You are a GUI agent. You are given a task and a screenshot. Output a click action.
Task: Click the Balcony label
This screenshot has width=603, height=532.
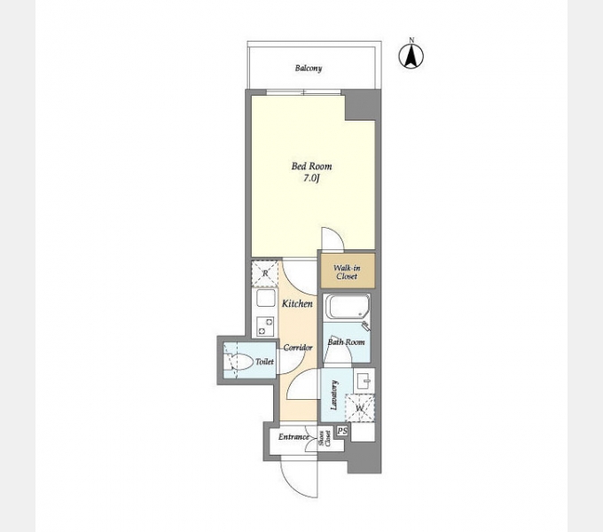coord(309,68)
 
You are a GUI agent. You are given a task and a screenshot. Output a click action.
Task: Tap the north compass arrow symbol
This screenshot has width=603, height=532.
coord(411,56)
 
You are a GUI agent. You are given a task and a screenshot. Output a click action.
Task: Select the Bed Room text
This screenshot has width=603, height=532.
coord(311,167)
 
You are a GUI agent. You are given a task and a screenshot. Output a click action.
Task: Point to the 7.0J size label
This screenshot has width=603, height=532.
coord(312,179)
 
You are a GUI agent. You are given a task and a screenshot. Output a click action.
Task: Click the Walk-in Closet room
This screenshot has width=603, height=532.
coord(348,270)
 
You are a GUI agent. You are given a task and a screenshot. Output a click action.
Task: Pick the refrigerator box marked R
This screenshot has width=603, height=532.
coord(264,273)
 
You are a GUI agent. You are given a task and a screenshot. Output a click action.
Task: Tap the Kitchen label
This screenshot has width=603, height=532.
coord(297,303)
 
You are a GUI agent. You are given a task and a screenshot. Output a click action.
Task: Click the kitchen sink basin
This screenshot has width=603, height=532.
coord(266,298)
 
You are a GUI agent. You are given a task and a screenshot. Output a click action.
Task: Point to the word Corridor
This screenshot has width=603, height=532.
coord(298,348)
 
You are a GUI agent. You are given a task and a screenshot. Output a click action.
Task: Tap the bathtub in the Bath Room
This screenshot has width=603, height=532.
coord(348,307)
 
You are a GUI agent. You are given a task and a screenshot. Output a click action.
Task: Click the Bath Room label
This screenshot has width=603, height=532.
coord(346,341)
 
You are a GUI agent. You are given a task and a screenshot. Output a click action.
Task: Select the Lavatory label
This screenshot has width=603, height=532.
coord(334,395)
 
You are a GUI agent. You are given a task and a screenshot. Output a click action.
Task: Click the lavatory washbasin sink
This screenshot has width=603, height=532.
coord(364,381)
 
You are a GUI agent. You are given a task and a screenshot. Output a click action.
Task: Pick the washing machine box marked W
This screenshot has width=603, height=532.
coord(360,408)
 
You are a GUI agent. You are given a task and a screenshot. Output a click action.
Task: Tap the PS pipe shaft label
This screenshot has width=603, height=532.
coord(342,431)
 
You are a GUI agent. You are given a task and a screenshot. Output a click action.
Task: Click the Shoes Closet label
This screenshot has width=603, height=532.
coord(325,439)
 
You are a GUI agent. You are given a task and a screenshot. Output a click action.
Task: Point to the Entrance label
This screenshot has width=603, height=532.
coord(294,437)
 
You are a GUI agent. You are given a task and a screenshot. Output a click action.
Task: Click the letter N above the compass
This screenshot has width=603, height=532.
coord(411,40)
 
